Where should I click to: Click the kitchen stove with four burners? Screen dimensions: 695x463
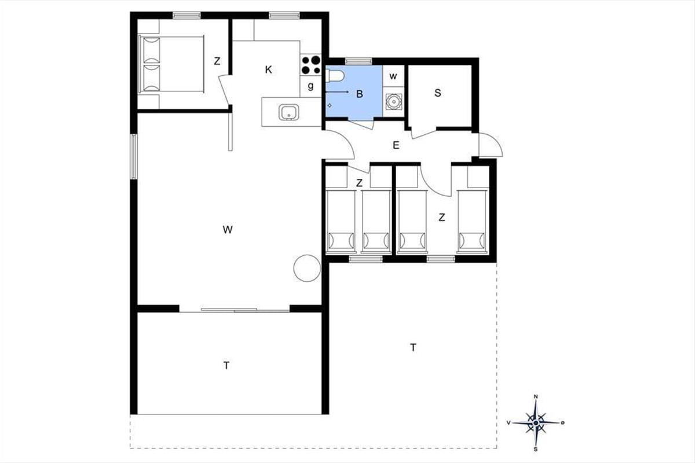click(310, 64)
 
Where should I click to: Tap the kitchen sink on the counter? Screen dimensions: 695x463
click(289, 112)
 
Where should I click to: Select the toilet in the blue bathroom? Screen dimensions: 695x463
click(335, 76)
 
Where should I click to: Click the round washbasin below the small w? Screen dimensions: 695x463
click(394, 101)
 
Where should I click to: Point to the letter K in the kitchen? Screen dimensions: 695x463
click(268, 70)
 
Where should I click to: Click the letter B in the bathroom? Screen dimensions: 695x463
click(360, 94)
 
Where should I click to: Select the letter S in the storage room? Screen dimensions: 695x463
click(437, 93)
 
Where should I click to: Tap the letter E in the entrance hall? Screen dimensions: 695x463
click(396, 145)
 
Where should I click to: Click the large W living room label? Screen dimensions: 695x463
click(228, 230)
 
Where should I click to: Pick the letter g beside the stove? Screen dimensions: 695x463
click(310, 86)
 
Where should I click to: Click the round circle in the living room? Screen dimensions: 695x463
click(307, 268)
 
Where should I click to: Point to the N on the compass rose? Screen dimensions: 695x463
click(536, 396)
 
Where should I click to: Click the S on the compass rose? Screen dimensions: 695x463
click(536, 449)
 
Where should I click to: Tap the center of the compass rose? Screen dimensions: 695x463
click(536, 422)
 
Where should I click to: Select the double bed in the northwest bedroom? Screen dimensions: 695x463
click(172, 64)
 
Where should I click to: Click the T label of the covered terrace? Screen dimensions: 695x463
click(226, 366)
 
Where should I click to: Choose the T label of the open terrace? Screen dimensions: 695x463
click(413, 348)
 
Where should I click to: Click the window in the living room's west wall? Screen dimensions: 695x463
click(134, 156)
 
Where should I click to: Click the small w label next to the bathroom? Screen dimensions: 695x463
click(393, 76)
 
